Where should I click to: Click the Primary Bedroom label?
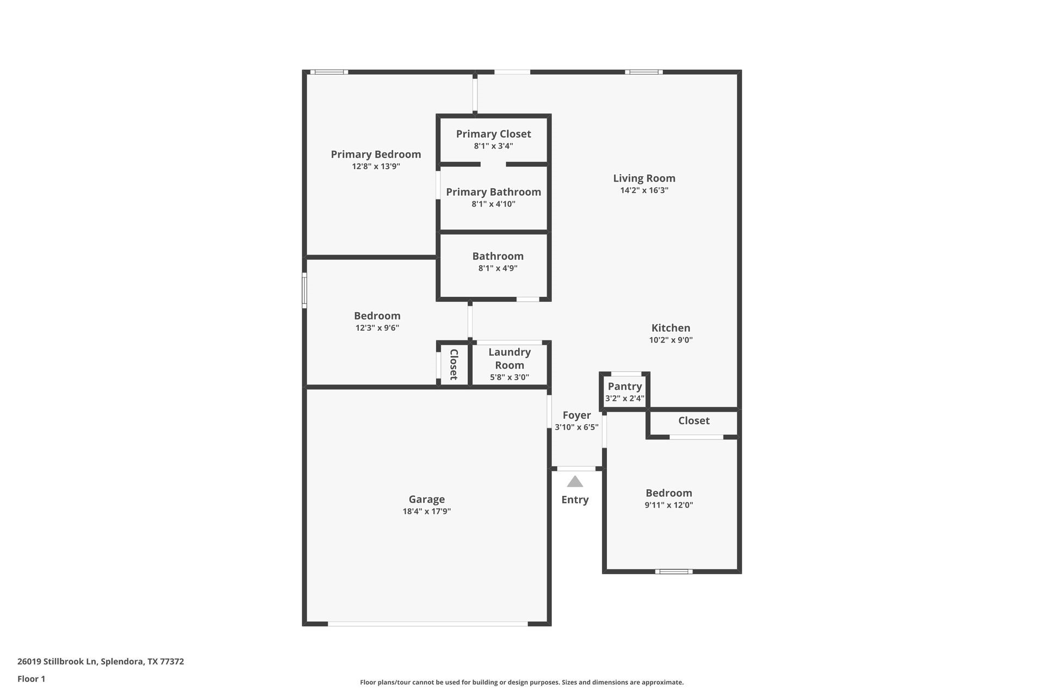tap(376, 154)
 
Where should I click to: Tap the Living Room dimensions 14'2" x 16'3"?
tap(644, 190)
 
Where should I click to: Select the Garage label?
tap(426, 499)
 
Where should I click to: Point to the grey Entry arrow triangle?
tap(575, 482)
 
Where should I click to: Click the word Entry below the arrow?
tap(575, 500)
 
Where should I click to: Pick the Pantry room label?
tap(625, 387)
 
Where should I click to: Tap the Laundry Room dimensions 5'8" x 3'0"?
tap(509, 377)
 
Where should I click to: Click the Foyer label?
tap(576, 415)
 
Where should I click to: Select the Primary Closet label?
tap(493, 134)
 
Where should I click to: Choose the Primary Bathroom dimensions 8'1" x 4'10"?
tap(493, 204)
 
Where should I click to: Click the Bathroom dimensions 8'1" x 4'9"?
tap(498, 269)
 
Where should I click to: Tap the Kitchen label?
tap(670, 328)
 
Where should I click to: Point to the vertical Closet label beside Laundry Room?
tap(453, 364)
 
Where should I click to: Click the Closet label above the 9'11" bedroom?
tap(693, 421)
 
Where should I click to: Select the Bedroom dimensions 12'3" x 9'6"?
tap(377, 328)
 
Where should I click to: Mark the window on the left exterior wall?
tap(304, 290)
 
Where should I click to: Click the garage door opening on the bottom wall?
tap(427, 624)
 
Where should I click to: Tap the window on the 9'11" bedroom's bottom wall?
tap(673, 571)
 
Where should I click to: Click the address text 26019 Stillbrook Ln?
tap(57, 662)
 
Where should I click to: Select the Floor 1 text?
tap(31, 679)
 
